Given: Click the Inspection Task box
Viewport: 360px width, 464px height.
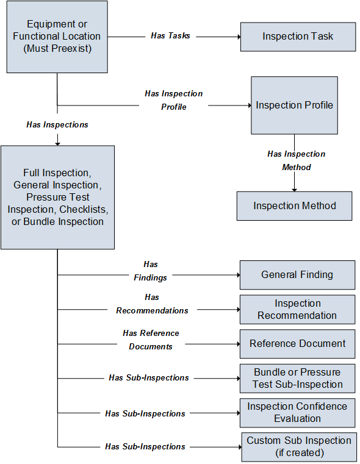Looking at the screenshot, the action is (x=298, y=37).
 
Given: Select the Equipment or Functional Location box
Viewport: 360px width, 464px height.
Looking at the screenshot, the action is (x=57, y=37).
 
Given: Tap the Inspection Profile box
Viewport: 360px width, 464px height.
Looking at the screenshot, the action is (x=294, y=105).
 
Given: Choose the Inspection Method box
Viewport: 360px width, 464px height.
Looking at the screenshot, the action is (x=294, y=206).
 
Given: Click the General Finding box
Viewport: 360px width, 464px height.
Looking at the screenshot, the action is (x=298, y=275).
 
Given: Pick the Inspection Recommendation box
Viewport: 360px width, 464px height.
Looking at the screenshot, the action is (x=298, y=310).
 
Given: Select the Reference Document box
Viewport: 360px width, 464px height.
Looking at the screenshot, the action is (x=298, y=344).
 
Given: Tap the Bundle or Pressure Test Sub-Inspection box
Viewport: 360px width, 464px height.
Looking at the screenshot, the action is (x=298, y=379).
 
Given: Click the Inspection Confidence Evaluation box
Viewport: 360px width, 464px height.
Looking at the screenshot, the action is (x=298, y=413).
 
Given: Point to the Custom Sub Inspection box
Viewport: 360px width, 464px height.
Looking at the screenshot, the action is (x=299, y=447).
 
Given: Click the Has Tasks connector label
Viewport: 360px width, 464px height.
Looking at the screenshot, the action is (x=170, y=36).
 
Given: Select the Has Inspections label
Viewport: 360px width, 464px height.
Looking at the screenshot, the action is (x=57, y=124).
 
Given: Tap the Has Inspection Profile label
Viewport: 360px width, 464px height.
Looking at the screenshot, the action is (x=174, y=100).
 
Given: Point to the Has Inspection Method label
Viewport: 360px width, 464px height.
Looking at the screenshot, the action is (x=297, y=160).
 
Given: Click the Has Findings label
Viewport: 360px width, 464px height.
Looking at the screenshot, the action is (x=150, y=271).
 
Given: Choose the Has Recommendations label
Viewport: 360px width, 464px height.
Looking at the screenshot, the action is (x=152, y=304).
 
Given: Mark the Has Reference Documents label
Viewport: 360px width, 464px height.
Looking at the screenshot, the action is (x=151, y=340).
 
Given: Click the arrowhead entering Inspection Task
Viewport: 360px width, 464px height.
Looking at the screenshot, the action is (x=239, y=37).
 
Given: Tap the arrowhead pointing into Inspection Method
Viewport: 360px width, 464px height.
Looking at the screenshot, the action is (x=294, y=190).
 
